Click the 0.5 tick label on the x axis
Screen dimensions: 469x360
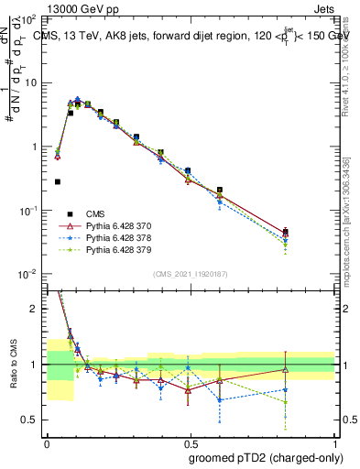click(191, 442)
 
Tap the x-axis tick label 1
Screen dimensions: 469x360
click(335, 442)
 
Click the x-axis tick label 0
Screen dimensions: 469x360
click(47, 442)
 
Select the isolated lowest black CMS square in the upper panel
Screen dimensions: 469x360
click(58, 181)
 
